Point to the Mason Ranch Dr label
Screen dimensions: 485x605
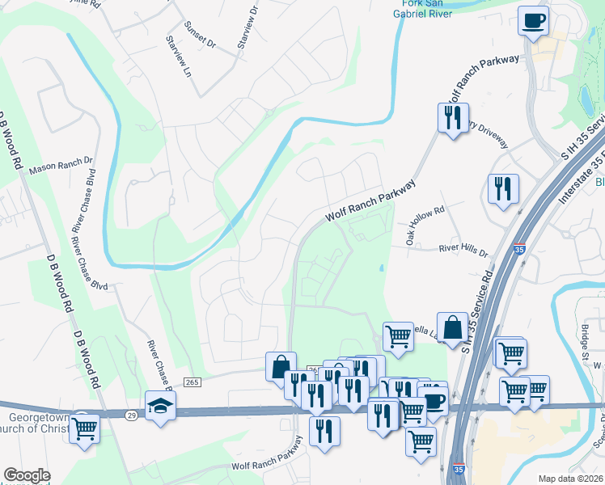tap(61, 167)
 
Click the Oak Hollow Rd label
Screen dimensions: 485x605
tap(426, 225)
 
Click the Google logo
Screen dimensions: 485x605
tap(27, 475)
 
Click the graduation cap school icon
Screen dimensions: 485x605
tap(160, 406)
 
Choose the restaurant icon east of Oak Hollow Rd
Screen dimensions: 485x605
tap(503, 189)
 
